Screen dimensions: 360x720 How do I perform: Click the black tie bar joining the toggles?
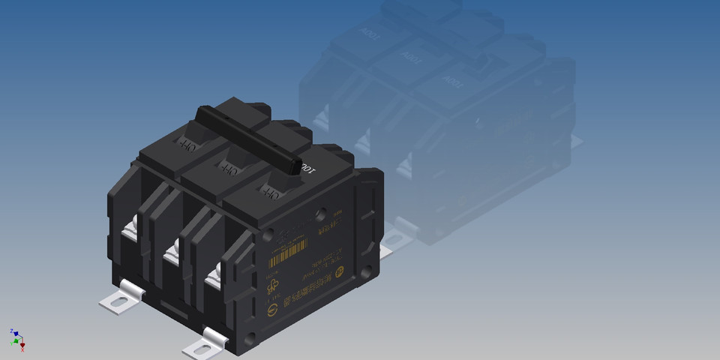pos(247,139)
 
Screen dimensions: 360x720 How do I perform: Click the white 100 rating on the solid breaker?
pos(307,170)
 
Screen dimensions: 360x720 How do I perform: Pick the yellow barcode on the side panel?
pos(288,251)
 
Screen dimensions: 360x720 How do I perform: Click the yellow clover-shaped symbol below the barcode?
pos(274,287)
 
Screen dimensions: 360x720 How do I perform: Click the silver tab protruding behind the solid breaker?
pos(387,250)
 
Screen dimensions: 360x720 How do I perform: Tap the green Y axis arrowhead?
pos(14,341)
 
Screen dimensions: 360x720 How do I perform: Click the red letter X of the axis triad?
pos(22,348)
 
